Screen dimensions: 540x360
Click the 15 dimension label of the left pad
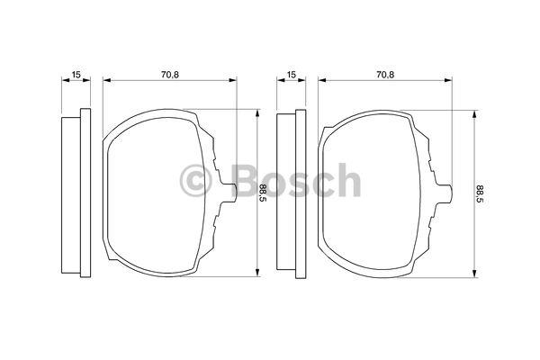coord(76,74)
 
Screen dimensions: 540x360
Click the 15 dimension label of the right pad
coord(292,74)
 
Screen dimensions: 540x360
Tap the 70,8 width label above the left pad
coord(170,74)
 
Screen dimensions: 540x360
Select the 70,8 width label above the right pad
coord(385,74)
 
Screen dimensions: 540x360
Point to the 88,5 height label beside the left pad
coord(263,193)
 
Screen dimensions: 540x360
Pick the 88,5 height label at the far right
coord(480,193)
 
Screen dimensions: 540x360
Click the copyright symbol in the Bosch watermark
coord(195,180)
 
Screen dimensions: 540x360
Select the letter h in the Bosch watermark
coord(348,179)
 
